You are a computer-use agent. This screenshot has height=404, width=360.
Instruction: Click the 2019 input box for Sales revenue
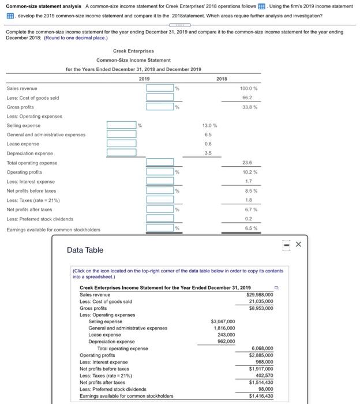160,88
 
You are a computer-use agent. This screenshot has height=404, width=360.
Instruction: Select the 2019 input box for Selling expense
121,125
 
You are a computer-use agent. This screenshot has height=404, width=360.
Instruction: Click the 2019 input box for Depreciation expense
121,153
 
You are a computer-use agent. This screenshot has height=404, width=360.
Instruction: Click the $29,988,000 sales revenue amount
260,294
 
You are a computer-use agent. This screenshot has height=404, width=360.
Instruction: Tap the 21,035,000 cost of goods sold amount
261,301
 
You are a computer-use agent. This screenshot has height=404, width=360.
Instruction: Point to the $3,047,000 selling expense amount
223,321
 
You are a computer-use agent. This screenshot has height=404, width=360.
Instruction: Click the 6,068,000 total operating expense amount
261,349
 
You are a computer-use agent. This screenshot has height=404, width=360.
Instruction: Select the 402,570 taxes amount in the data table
263,375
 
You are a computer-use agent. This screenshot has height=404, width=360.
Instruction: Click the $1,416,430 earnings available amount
260,396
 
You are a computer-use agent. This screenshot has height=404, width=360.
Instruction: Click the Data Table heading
85,250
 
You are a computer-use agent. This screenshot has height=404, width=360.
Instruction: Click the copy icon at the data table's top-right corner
275,287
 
